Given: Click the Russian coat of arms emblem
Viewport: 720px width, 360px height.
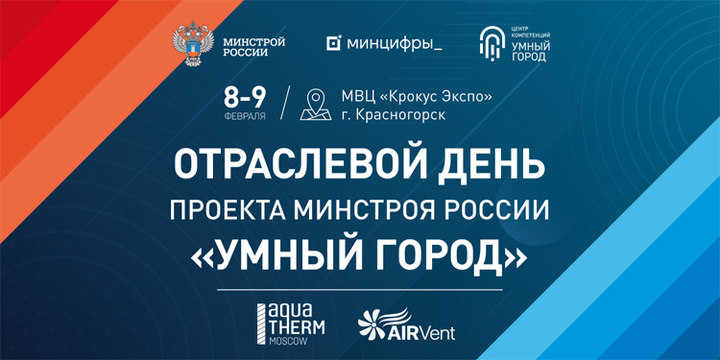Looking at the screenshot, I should pos(192,44).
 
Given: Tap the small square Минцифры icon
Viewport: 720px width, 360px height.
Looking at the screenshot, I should pos(334,43).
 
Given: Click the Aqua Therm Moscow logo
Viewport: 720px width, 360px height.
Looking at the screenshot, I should pos(289,325).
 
